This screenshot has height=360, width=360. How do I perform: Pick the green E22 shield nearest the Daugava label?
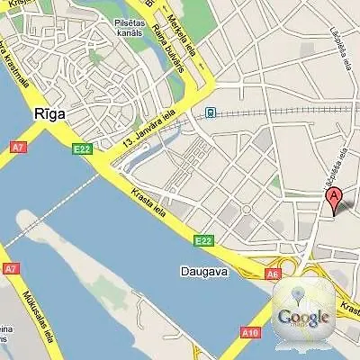[x=204, y=240]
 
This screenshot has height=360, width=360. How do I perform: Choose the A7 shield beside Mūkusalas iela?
[x=11, y=268]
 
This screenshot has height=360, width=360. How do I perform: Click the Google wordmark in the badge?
[x=302, y=317]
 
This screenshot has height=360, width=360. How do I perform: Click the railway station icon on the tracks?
[x=210, y=113]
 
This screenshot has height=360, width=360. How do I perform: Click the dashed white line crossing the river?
[x=54, y=205]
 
